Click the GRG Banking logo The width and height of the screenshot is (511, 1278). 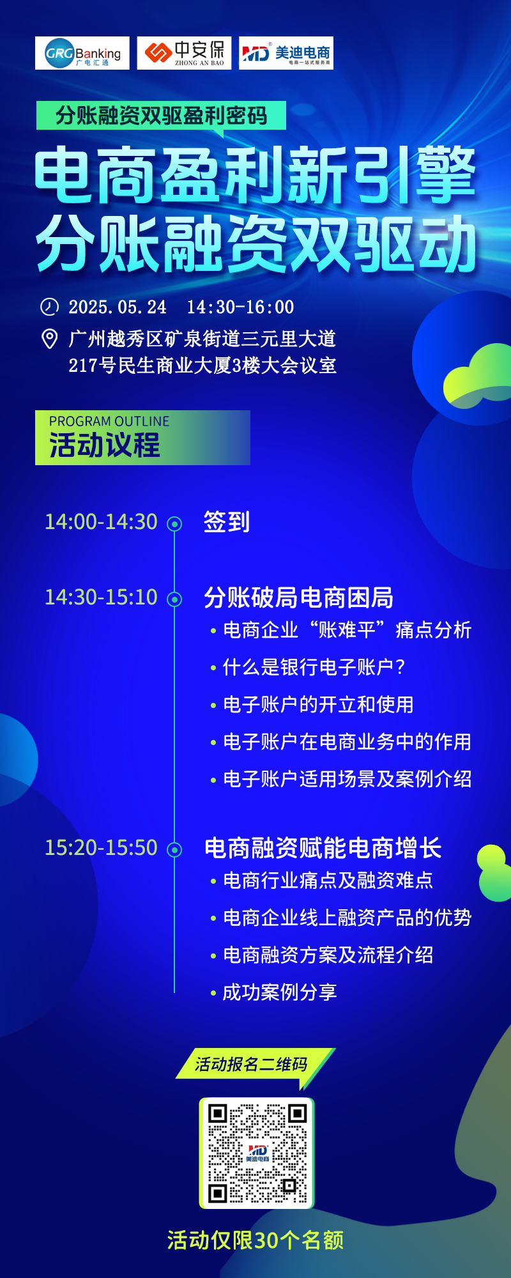point(82,53)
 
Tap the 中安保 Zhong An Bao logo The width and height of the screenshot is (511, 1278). point(185,53)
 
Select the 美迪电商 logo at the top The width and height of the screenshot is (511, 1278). point(286,53)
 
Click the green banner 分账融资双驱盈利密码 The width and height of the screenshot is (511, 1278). point(161,116)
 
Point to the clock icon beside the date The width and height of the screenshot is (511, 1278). point(49,307)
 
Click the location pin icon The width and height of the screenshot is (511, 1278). point(49,339)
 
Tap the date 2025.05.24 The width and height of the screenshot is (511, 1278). point(118,307)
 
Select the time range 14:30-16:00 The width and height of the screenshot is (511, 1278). point(240,307)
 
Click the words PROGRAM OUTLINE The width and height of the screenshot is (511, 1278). point(109,422)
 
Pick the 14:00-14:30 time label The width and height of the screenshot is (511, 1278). point(101,521)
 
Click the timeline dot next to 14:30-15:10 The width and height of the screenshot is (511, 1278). point(174,599)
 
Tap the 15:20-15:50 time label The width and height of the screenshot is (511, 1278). point(101,847)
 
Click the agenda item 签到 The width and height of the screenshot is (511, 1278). point(227,521)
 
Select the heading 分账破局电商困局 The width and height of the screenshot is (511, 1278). point(299,597)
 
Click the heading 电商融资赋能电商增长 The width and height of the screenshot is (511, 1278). point(323,848)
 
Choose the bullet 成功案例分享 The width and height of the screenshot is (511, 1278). point(273,992)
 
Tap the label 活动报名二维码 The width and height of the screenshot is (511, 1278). point(252,1064)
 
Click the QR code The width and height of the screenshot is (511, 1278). point(257,1153)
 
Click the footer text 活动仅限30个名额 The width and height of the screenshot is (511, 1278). point(256,1240)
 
